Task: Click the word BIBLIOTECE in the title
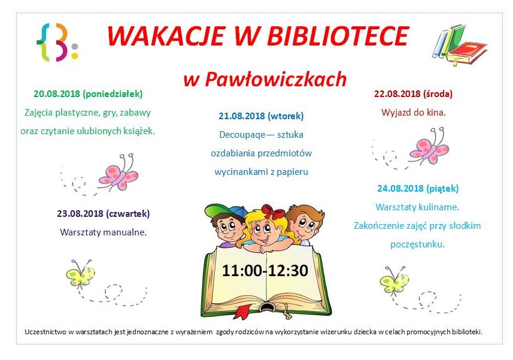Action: coord(338,36)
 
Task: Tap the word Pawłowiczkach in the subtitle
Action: coord(276,79)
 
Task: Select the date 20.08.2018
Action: coord(57,94)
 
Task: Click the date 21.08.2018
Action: coord(242,116)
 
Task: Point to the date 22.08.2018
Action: coord(397,94)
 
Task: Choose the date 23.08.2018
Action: coord(80,214)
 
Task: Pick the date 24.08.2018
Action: coord(400,189)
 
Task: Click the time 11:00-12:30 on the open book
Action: coord(265,271)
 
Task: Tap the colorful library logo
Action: coord(57,42)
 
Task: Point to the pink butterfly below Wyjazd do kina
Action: coord(430,147)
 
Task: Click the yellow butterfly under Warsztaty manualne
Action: coord(80,274)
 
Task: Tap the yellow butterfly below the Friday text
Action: coord(394,281)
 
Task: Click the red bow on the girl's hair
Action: coord(273,211)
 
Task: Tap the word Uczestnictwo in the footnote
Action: coord(45,332)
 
